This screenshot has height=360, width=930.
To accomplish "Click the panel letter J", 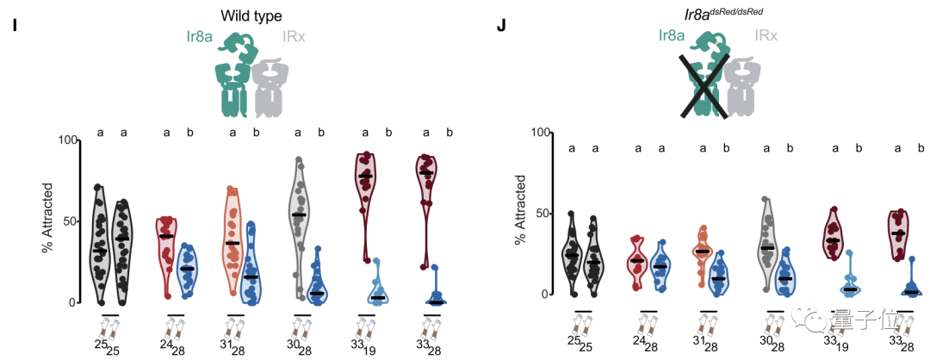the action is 501,28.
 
